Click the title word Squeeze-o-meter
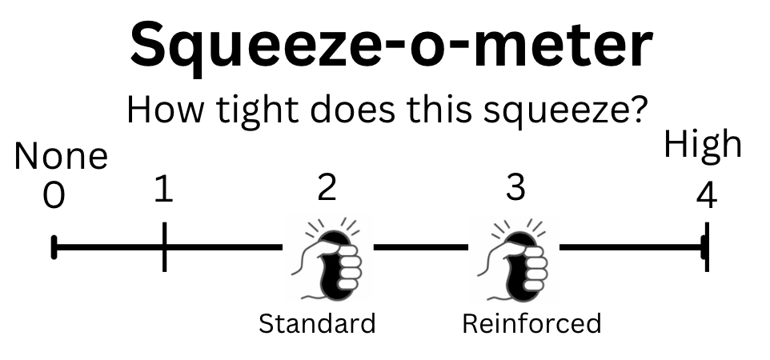391,45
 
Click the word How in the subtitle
163,109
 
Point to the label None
61,157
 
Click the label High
704,145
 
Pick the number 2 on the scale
327,187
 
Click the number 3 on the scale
516,187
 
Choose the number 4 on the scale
706,195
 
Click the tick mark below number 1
164,246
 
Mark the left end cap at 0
54,246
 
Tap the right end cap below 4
705,246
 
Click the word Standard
317,324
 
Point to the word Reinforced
531,323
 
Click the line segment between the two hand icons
420,246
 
